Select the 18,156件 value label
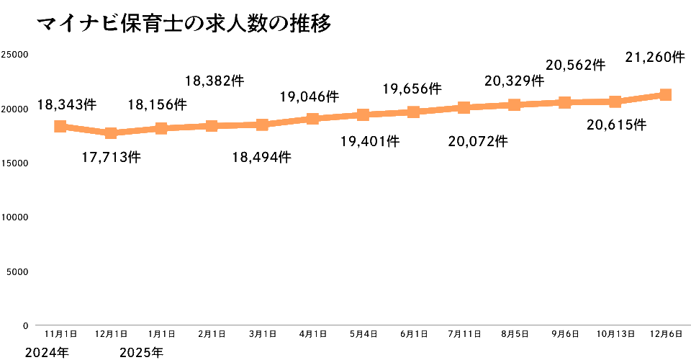[157, 104]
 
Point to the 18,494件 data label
[262, 156]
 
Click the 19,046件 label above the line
[309, 96]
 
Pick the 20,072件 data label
[478, 140]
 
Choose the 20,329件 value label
[514, 81]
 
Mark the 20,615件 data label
[616, 125]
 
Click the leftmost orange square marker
[60, 126]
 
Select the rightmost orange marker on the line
[666, 94]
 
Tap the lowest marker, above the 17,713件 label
[111, 133]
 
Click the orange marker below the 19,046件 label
[312, 118]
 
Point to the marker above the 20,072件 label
[464, 108]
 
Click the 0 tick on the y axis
[25, 325]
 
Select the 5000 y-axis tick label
[18, 271]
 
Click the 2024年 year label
[48, 353]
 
